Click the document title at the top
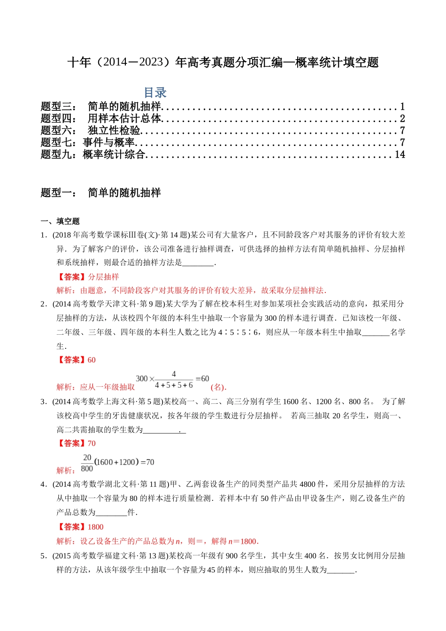point(223,62)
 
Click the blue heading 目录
point(155,92)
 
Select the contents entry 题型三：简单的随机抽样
point(101,107)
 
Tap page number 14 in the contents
point(400,154)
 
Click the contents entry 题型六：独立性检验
point(91,131)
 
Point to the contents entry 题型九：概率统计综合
point(93,154)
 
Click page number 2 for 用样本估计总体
point(402,119)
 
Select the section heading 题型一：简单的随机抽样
point(101,192)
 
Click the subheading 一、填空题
point(60,221)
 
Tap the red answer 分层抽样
point(103,277)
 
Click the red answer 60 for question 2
point(92,360)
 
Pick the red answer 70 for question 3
point(92,443)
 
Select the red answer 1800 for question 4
point(95,527)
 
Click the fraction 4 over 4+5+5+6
point(174,380)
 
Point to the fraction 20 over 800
point(87,463)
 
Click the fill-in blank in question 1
point(198,263)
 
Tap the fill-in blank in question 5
point(341,570)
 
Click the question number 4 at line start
point(43,485)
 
